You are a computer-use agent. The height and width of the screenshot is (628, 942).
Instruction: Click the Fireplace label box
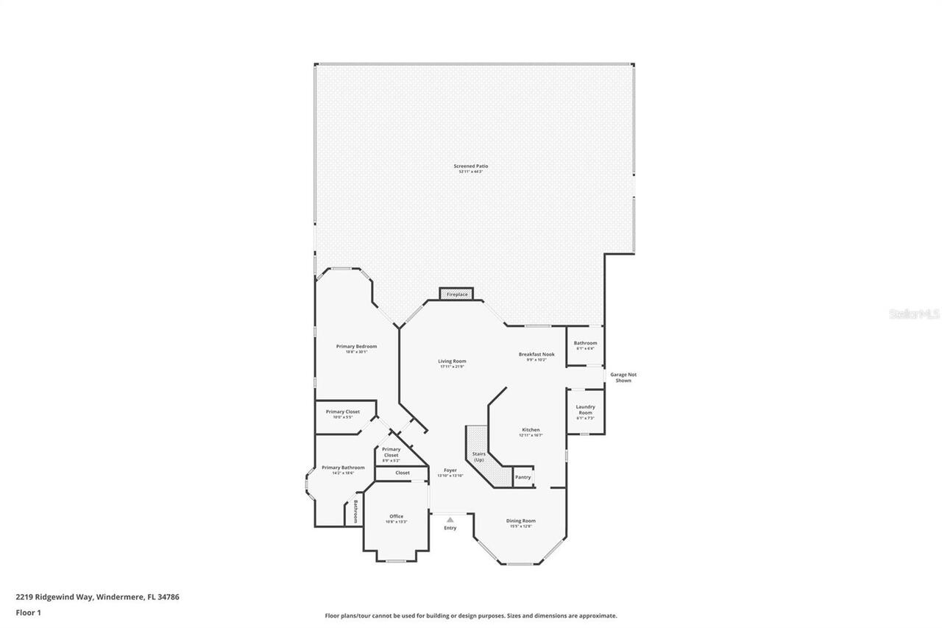click(x=456, y=294)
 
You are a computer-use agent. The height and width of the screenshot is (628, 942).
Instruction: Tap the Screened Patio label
click(x=470, y=166)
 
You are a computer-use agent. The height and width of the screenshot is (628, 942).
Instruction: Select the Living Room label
click(x=452, y=361)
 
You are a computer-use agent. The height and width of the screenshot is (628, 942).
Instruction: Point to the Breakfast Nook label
click(x=536, y=354)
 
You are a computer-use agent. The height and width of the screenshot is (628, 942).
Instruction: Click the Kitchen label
click(x=531, y=430)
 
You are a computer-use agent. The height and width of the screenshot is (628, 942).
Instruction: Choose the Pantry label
click(x=523, y=477)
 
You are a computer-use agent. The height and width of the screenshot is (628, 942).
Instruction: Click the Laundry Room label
click(x=585, y=410)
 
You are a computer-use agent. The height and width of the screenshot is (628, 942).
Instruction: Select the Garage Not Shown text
click(x=623, y=377)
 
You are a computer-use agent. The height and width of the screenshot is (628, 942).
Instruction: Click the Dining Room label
click(x=520, y=521)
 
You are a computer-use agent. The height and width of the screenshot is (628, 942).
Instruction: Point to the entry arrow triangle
click(x=450, y=519)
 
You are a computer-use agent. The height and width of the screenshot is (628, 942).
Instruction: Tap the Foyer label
click(x=450, y=470)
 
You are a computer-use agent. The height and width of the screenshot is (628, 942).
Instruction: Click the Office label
click(x=396, y=516)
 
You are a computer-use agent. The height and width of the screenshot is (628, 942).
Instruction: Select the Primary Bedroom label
click(x=356, y=347)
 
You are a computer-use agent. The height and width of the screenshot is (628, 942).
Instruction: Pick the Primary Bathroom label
click(x=343, y=468)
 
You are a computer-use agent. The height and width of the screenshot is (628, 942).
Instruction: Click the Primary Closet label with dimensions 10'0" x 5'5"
click(x=342, y=412)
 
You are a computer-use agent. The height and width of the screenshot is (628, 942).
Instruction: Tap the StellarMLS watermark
click(x=914, y=314)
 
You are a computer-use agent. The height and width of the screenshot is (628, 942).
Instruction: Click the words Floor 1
click(x=29, y=613)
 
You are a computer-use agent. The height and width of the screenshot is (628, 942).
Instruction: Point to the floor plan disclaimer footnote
click(x=471, y=615)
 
